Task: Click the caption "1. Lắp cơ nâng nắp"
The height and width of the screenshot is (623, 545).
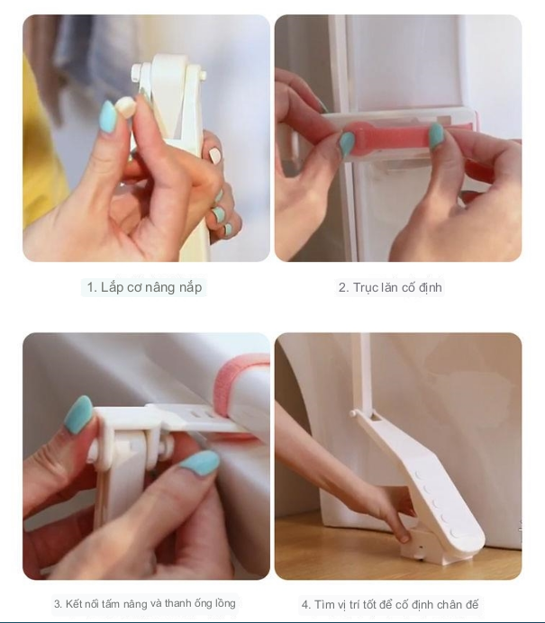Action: [x=144, y=287]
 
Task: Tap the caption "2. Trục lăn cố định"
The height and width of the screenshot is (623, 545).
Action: [x=390, y=287]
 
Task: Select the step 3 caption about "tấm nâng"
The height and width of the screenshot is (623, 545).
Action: [x=145, y=604]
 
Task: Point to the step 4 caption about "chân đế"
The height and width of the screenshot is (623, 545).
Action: [x=389, y=605]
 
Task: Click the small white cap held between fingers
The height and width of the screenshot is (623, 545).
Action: [x=126, y=106]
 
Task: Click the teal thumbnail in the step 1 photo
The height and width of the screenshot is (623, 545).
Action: [x=108, y=117]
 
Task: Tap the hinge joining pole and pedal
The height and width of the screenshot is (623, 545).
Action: [x=364, y=415]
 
